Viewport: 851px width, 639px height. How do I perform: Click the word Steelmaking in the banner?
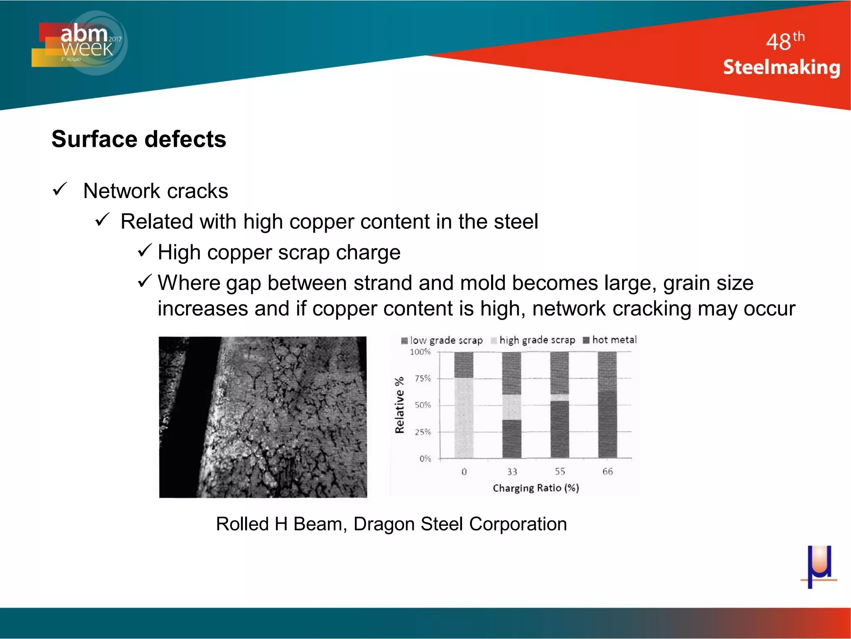point(781,67)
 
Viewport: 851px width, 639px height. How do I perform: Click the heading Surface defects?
point(139,139)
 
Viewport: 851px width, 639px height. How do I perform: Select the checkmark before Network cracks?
point(60,190)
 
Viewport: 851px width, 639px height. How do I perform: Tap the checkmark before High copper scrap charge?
point(145,251)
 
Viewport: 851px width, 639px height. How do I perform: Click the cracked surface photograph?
point(263,417)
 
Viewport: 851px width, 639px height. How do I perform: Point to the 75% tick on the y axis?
point(423,379)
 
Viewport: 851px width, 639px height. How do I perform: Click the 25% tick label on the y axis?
point(423,432)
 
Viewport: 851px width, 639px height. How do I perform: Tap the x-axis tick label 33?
point(512,472)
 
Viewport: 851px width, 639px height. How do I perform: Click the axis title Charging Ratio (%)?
point(536,488)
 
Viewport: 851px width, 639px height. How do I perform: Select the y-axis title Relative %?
point(399,405)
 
